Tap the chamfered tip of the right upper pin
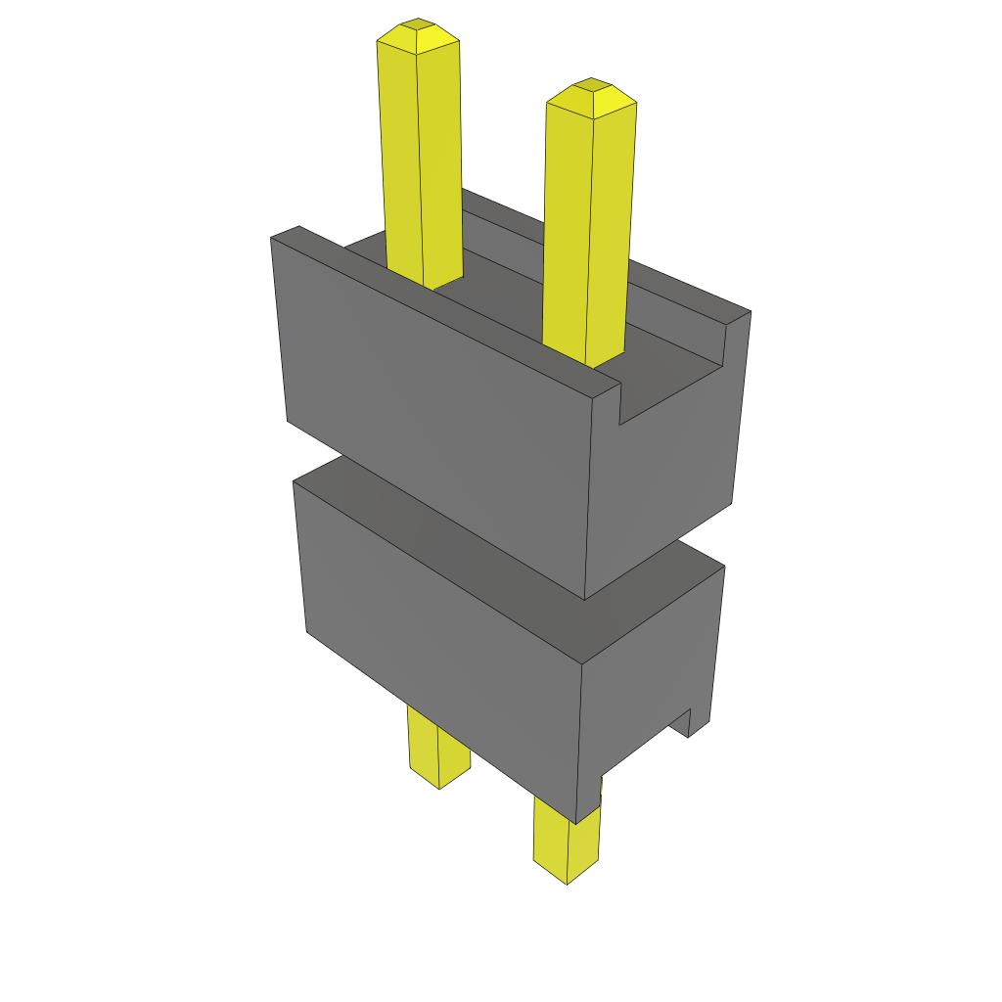tap(591, 94)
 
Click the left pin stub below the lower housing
tap(437, 749)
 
